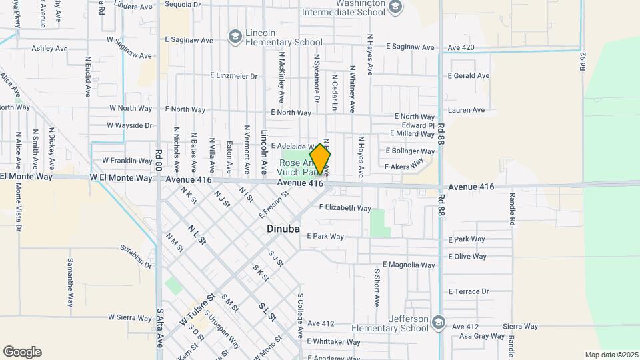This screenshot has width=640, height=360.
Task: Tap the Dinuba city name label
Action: pyautogui.click(x=283, y=229)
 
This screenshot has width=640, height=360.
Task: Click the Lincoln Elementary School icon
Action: pyautogui.click(x=234, y=36)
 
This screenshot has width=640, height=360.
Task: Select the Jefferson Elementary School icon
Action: pyautogui.click(x=438, y=322)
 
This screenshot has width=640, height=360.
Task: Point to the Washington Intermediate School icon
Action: pyautogui.click(x=395, y=7)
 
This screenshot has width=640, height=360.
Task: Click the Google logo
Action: pyautogui.click(x=22, y=352)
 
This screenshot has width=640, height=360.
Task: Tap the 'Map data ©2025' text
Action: pyautogui.click(x=611, y=355)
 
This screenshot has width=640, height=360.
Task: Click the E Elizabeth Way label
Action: pyautogui.click(x=345, y=208)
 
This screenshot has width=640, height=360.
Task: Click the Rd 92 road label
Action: pyautogui.click(x=583, y=61)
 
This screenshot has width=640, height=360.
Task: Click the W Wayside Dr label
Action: pyautogui.click(x=129, y=125)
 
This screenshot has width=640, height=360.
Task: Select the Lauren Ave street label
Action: pyautogui.click(x=466, y=110)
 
